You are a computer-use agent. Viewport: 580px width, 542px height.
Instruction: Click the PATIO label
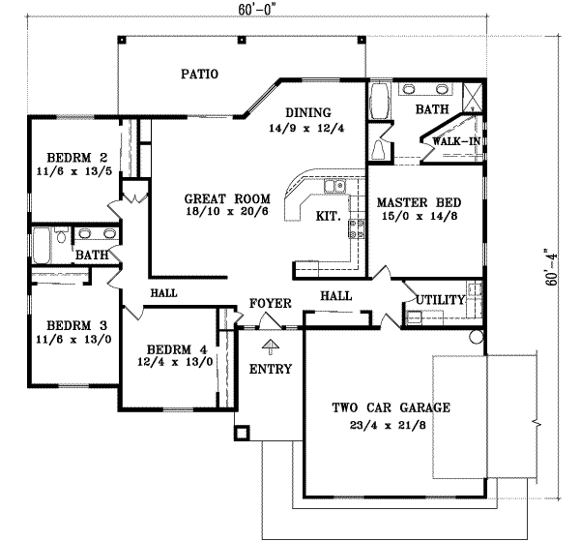coord(198,73)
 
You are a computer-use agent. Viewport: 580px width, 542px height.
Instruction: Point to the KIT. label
coord(327,217)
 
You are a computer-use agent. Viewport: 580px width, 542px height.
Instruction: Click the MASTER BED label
coord(419,203)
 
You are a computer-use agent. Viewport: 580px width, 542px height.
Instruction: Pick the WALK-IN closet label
coord(456,142)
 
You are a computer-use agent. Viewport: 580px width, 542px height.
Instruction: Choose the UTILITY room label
coord(440,300)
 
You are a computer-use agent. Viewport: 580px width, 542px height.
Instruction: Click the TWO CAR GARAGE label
coord(391,407)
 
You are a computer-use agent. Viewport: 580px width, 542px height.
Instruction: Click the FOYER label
coord(271,304)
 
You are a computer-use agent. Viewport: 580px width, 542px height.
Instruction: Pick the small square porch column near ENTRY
coord(243,432)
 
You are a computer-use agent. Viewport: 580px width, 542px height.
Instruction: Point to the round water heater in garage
coord(475,337)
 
